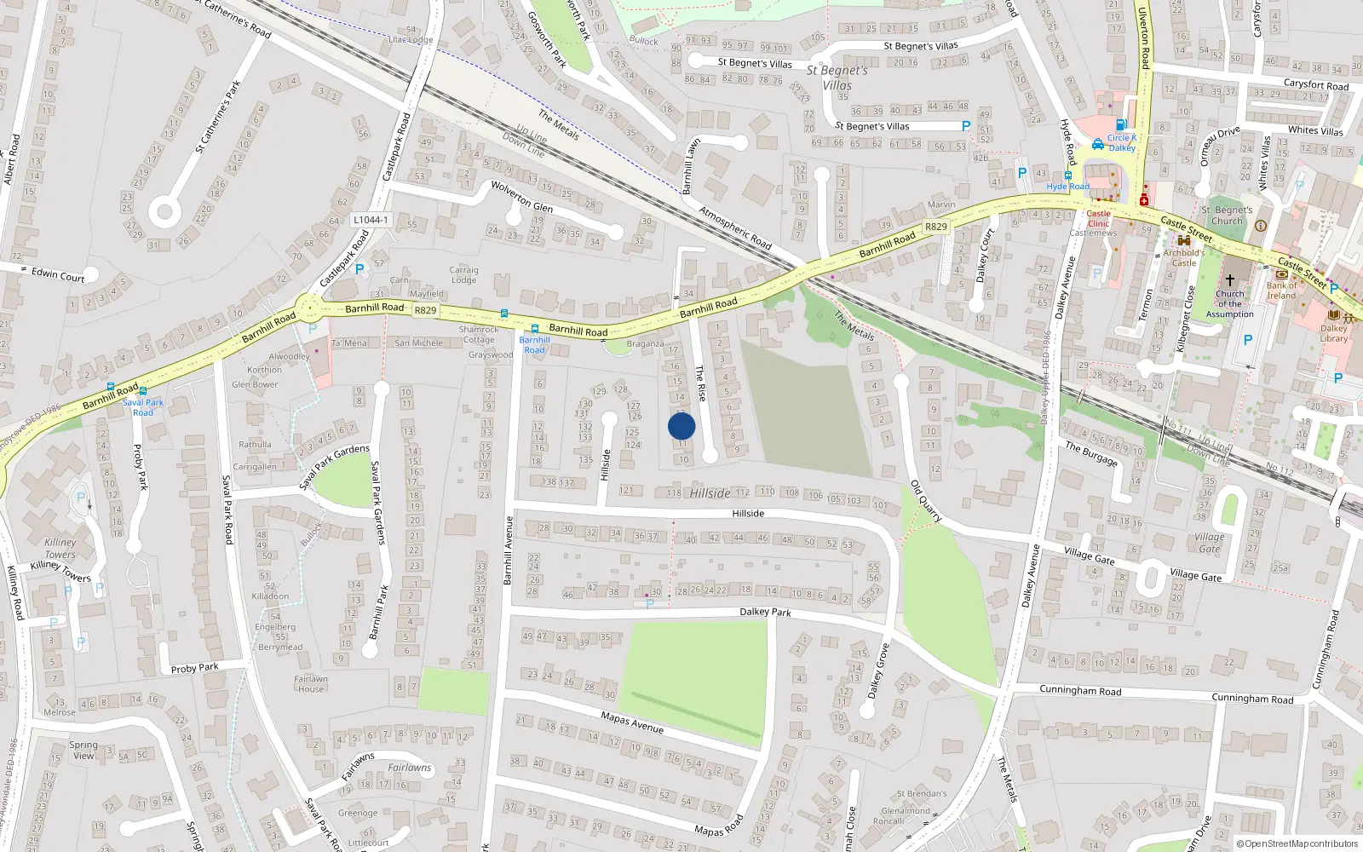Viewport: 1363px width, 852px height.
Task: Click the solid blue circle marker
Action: point(681,426)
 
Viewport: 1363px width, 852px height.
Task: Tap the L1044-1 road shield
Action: point(370,220)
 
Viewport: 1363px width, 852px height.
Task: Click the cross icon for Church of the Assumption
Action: point(1229,279)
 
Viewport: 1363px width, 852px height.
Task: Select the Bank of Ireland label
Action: point(1281,291)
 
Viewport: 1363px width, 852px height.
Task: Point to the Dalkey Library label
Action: point(1334,333)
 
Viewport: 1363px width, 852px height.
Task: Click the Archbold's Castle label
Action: point(1183,257)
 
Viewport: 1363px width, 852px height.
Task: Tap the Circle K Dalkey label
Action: point(1121,142)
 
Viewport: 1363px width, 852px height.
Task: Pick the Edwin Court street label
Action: point(58,274)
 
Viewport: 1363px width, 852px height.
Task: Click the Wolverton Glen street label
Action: point(521,196)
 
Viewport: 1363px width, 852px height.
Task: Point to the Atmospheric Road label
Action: point(735,227)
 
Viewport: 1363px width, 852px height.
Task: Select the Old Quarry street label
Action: point(926,500)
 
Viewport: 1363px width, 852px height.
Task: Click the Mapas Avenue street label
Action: point(632,722)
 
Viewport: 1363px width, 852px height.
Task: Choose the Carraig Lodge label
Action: point(463,274)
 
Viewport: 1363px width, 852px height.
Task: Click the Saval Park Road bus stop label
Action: point(143,407)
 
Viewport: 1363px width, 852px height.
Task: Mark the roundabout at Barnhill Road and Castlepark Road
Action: point(308,308)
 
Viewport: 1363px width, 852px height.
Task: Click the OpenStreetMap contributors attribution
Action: point(1297,843)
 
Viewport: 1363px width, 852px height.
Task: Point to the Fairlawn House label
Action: point(311,684)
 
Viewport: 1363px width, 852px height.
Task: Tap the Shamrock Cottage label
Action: point(479,334)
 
